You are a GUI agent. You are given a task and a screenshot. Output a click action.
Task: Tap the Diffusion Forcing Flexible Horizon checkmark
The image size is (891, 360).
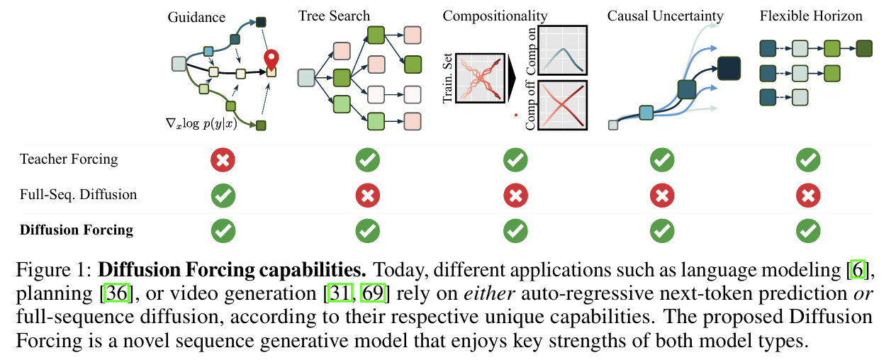[808, 230]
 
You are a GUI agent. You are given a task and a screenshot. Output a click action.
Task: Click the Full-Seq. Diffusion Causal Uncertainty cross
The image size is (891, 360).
[661, 194]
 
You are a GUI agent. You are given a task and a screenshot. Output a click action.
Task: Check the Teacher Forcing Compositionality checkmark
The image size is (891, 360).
[515, 159]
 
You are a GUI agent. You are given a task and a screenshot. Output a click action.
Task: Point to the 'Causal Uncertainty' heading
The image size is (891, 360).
[665, 16]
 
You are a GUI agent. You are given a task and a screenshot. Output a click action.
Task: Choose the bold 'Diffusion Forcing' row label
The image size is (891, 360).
[77, 230]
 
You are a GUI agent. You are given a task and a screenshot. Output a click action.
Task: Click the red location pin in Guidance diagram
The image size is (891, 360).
[271, 60]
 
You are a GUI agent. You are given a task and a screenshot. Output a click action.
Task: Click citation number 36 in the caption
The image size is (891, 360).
[116, 293]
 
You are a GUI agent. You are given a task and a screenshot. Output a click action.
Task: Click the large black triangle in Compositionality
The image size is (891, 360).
[513, 78]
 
